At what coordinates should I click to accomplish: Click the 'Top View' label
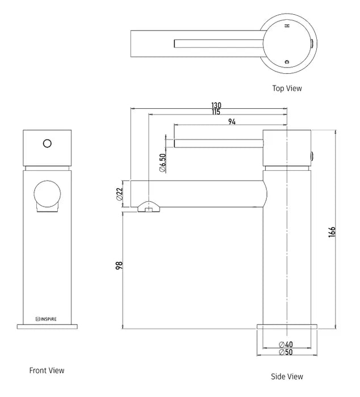pos(287,88)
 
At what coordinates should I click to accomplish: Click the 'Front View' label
pos(47,370)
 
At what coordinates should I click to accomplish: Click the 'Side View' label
pos(287,376)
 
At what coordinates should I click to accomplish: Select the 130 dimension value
pos(216,105)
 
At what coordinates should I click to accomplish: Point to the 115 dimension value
pos(216,112)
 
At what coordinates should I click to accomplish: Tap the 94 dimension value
pos(232,120)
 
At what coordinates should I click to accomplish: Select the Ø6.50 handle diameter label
pos(162,163)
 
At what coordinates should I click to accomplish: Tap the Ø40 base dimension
pos(285,344)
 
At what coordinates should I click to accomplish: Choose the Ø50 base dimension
pos(285,352)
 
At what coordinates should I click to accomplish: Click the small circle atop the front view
pos(48,143)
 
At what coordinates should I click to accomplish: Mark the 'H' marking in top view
pos(287,26)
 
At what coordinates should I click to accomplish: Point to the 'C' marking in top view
pos(287,61)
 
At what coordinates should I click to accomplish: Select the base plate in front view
pos(48,326)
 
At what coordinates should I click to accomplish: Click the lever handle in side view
pos(219,142)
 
